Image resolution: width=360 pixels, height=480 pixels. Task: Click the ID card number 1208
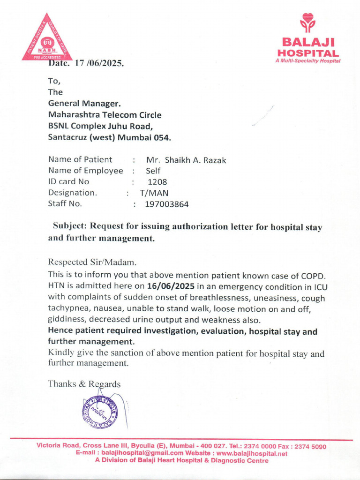[157, 182]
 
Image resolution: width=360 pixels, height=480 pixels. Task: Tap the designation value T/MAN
[154, 193]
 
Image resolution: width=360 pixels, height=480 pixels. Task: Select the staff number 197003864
[167, 204]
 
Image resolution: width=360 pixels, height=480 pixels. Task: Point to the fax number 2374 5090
[310, 446]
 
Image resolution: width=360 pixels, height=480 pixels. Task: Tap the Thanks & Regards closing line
[84, 384]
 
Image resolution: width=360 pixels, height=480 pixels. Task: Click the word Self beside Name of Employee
[153, 172]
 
